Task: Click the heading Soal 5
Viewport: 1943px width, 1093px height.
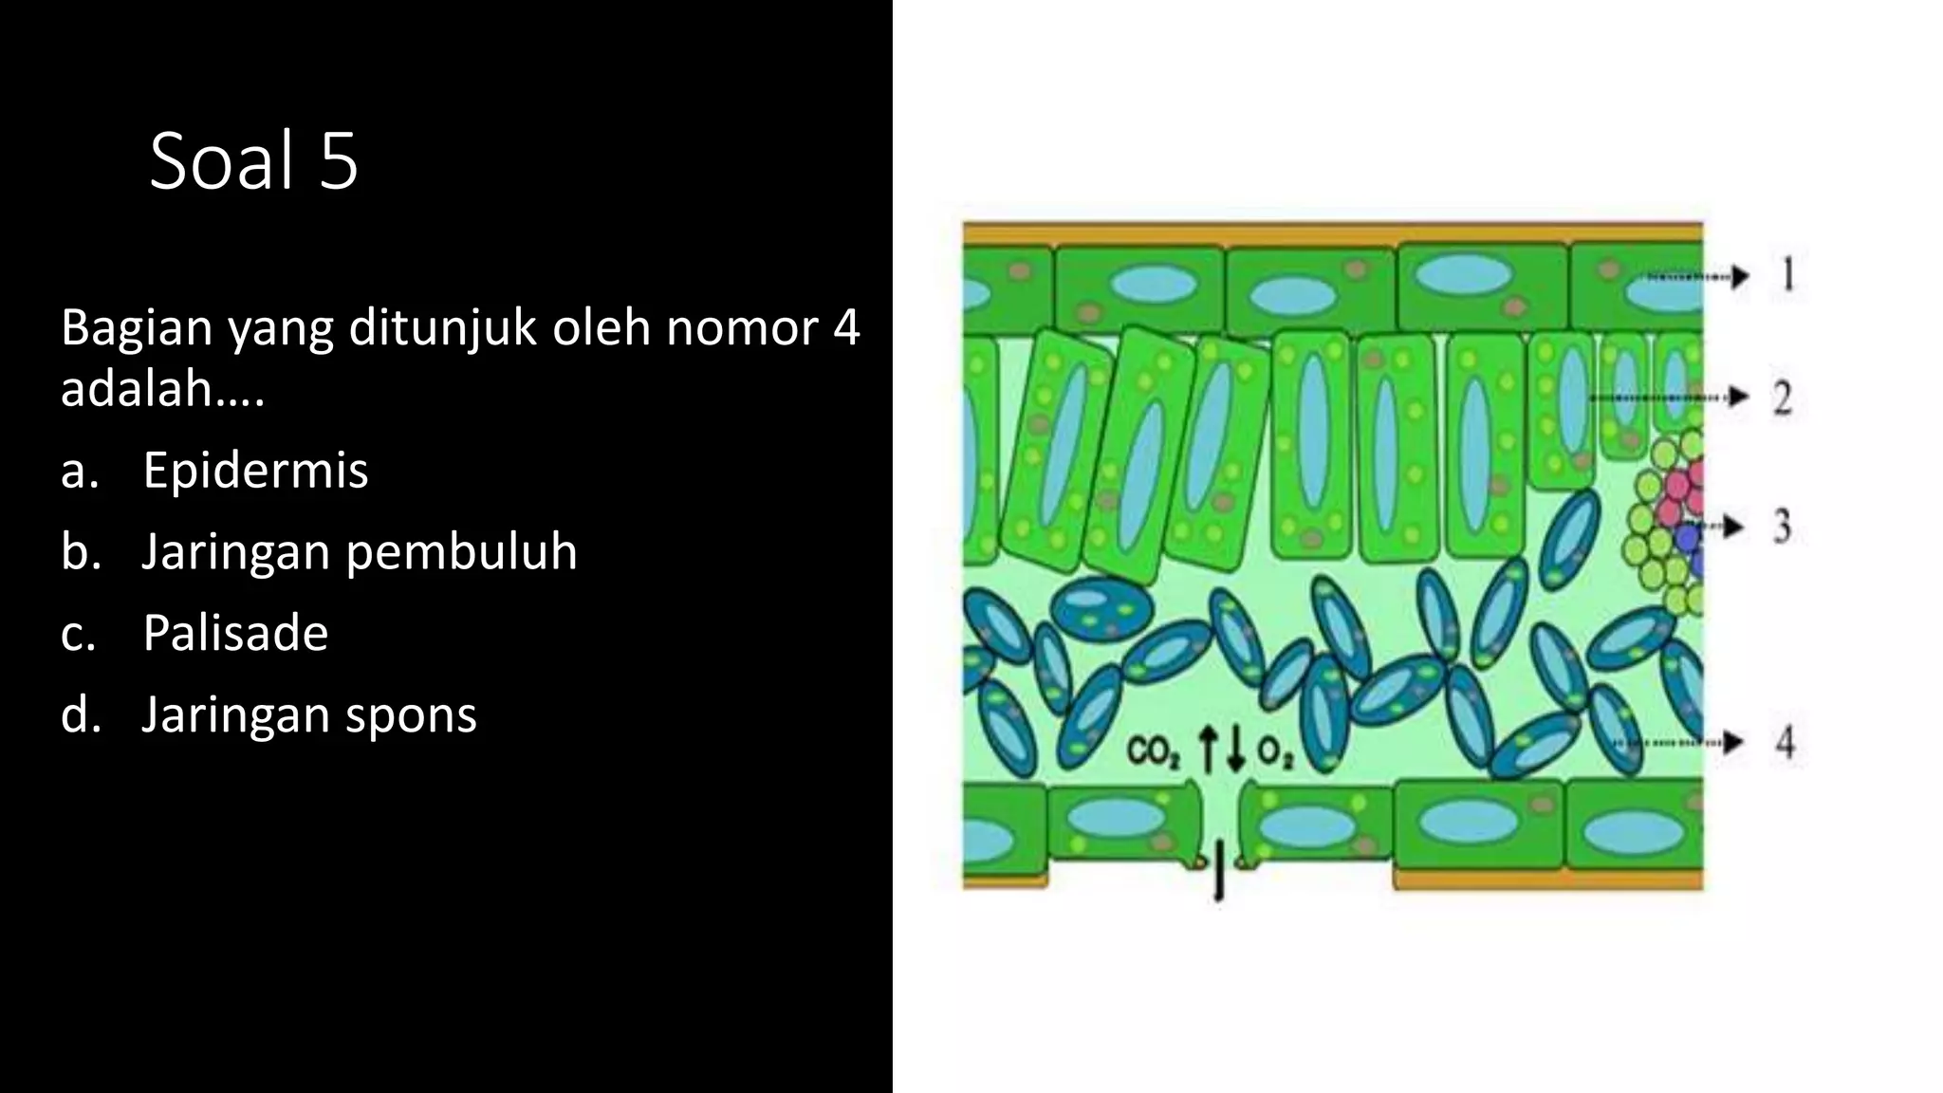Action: [x=253, y=160]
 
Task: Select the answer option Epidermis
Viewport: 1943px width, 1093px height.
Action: [x=255, y=470]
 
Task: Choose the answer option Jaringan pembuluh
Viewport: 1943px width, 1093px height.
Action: [x=359, y=551]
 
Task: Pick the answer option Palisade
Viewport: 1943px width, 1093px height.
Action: [x=235, y=633]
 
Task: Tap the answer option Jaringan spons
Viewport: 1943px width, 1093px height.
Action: [x=308, y=714]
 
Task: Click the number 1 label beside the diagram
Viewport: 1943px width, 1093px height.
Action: [x=1788, y=275]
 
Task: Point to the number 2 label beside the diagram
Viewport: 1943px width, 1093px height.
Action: [x=1783, y=398]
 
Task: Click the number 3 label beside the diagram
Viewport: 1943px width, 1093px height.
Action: [x=1783, y=527]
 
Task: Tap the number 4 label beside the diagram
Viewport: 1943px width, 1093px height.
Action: [x=1785, y=742]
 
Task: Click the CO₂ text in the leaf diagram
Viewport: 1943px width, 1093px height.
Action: [x=1153, y=752]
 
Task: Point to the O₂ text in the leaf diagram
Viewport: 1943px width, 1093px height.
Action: [x=1274, y=752]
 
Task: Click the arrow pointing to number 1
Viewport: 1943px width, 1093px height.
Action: [x=1698, y=276]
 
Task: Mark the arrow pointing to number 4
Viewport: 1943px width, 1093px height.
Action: [x=1679, y=743]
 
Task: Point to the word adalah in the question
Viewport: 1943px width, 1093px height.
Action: [x=145, y=388]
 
